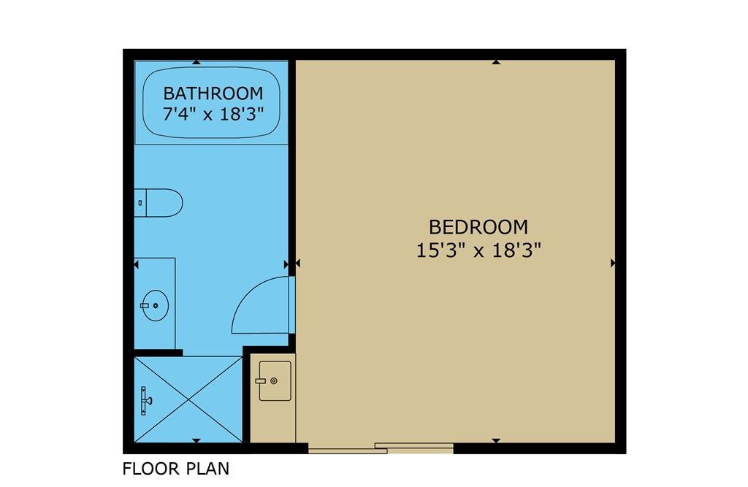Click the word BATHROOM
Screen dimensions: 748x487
pos(213,93)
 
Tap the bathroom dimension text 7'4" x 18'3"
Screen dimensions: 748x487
pos(213,115)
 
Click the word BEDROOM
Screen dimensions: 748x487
pos(478,227)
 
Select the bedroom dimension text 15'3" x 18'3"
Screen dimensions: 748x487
pos(478,250)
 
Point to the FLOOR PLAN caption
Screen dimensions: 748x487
pos(175,469)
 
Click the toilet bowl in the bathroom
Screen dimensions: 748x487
pos(164,203)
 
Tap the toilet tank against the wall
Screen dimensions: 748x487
pos(140,203)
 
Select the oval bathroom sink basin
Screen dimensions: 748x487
pos(156,305)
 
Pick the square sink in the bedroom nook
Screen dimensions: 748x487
pos(275,380)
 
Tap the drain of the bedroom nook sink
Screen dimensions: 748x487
pos(274,380)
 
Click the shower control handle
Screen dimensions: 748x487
pos(145,401)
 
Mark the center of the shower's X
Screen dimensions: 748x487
pos(188,399)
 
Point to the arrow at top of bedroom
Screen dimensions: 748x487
pos(496,62)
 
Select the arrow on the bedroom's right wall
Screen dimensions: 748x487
pos(613,263)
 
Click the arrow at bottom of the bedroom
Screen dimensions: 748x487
pos(496,441)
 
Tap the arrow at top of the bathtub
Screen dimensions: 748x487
pos(196,62)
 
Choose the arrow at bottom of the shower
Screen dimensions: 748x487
pos(196,441)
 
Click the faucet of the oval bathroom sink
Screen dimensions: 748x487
pos(145,305)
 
